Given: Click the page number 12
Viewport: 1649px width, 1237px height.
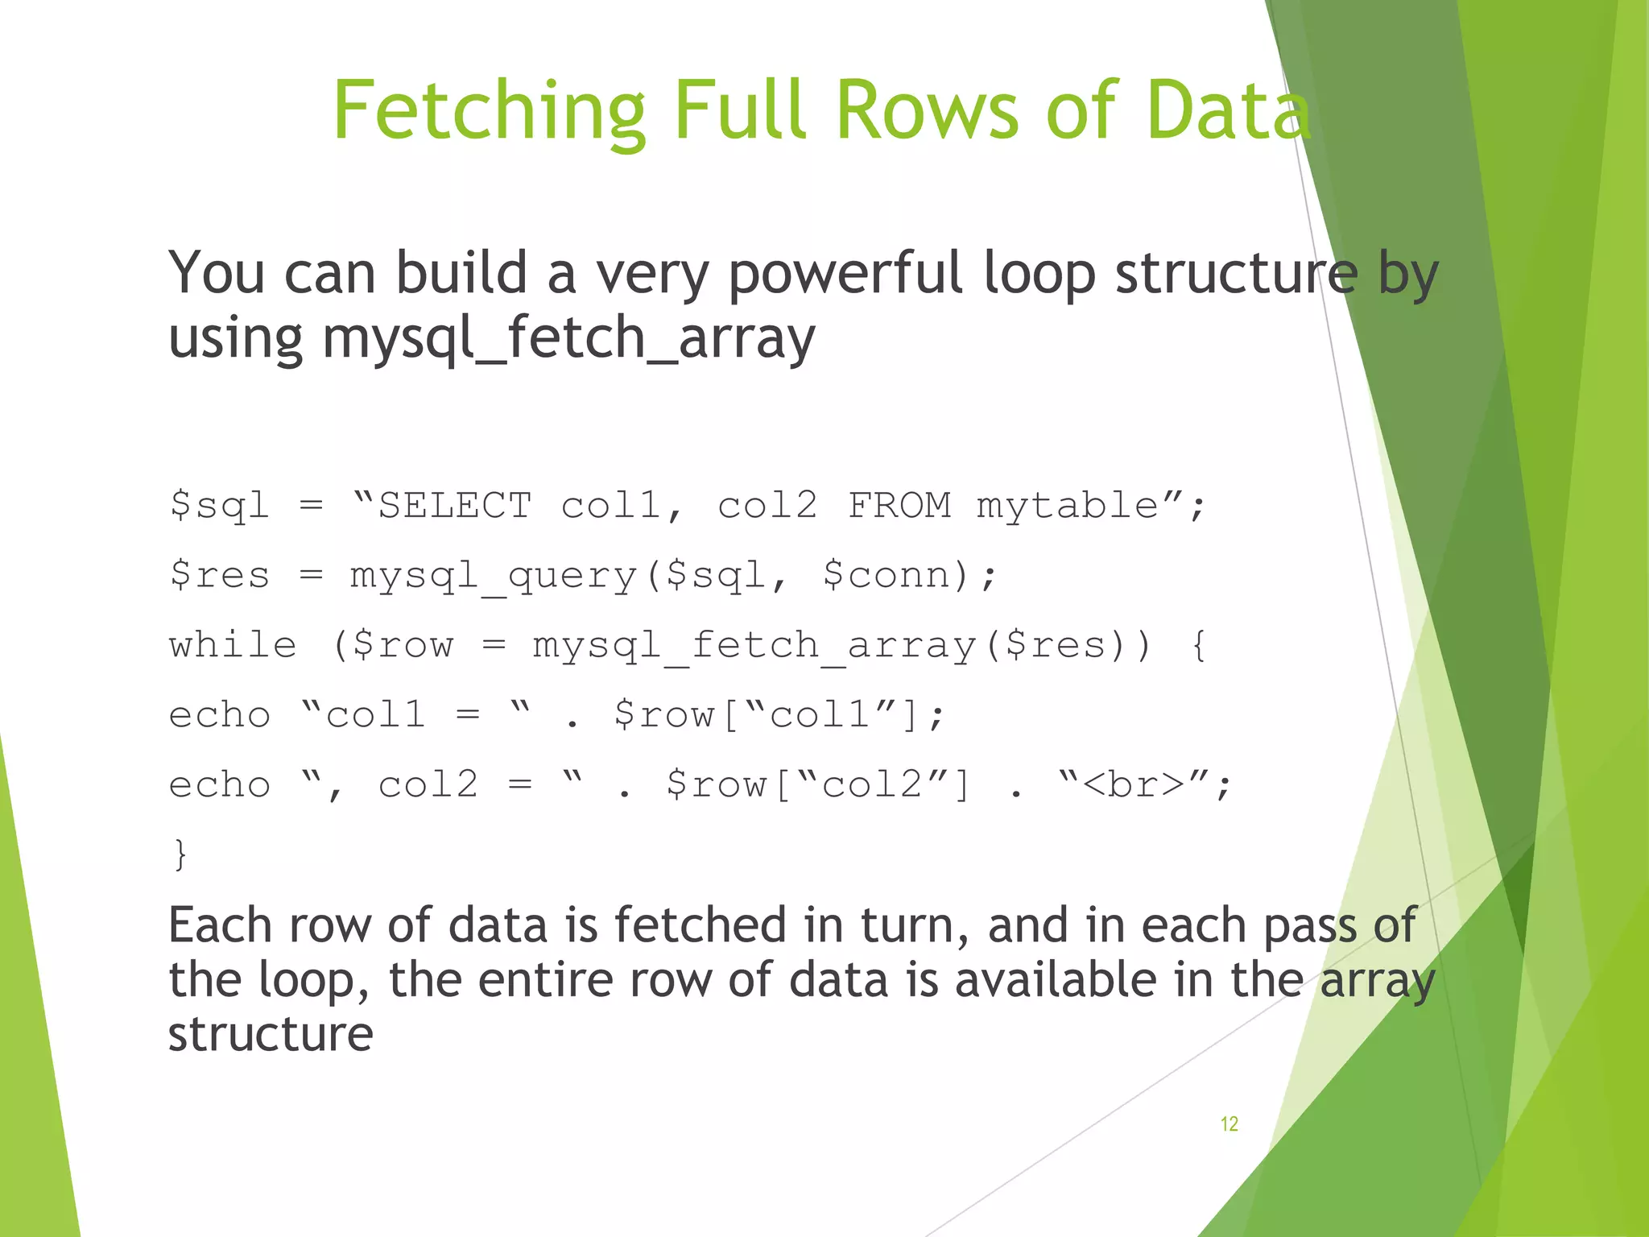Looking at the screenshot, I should pos(1229,1123).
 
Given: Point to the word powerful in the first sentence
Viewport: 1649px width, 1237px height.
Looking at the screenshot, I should pos(845,274).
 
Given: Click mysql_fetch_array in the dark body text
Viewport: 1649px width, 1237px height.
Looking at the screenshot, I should pos(568,338).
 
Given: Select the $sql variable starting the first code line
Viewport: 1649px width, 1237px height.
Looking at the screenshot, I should pos(219,506).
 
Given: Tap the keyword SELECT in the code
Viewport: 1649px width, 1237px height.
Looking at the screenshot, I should pos(455,506).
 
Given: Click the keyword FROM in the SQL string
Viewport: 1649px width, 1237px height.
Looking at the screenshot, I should pos(899,506).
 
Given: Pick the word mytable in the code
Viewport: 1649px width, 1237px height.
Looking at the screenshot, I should pos(1068,506).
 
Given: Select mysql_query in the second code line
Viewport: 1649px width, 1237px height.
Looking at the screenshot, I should pos(493,575).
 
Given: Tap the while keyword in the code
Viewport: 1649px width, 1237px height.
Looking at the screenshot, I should pos(233,645).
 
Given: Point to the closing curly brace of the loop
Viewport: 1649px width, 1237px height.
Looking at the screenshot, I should pos(180,854).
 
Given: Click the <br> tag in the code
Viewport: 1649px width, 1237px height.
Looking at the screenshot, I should pos(1134,784).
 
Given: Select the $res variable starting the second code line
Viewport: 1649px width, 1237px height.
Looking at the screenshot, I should pos(219,575).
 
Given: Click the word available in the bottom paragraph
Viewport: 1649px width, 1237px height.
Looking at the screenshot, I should pos(1055,980).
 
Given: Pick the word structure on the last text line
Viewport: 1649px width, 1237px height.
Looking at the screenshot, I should pos(271,1034).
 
